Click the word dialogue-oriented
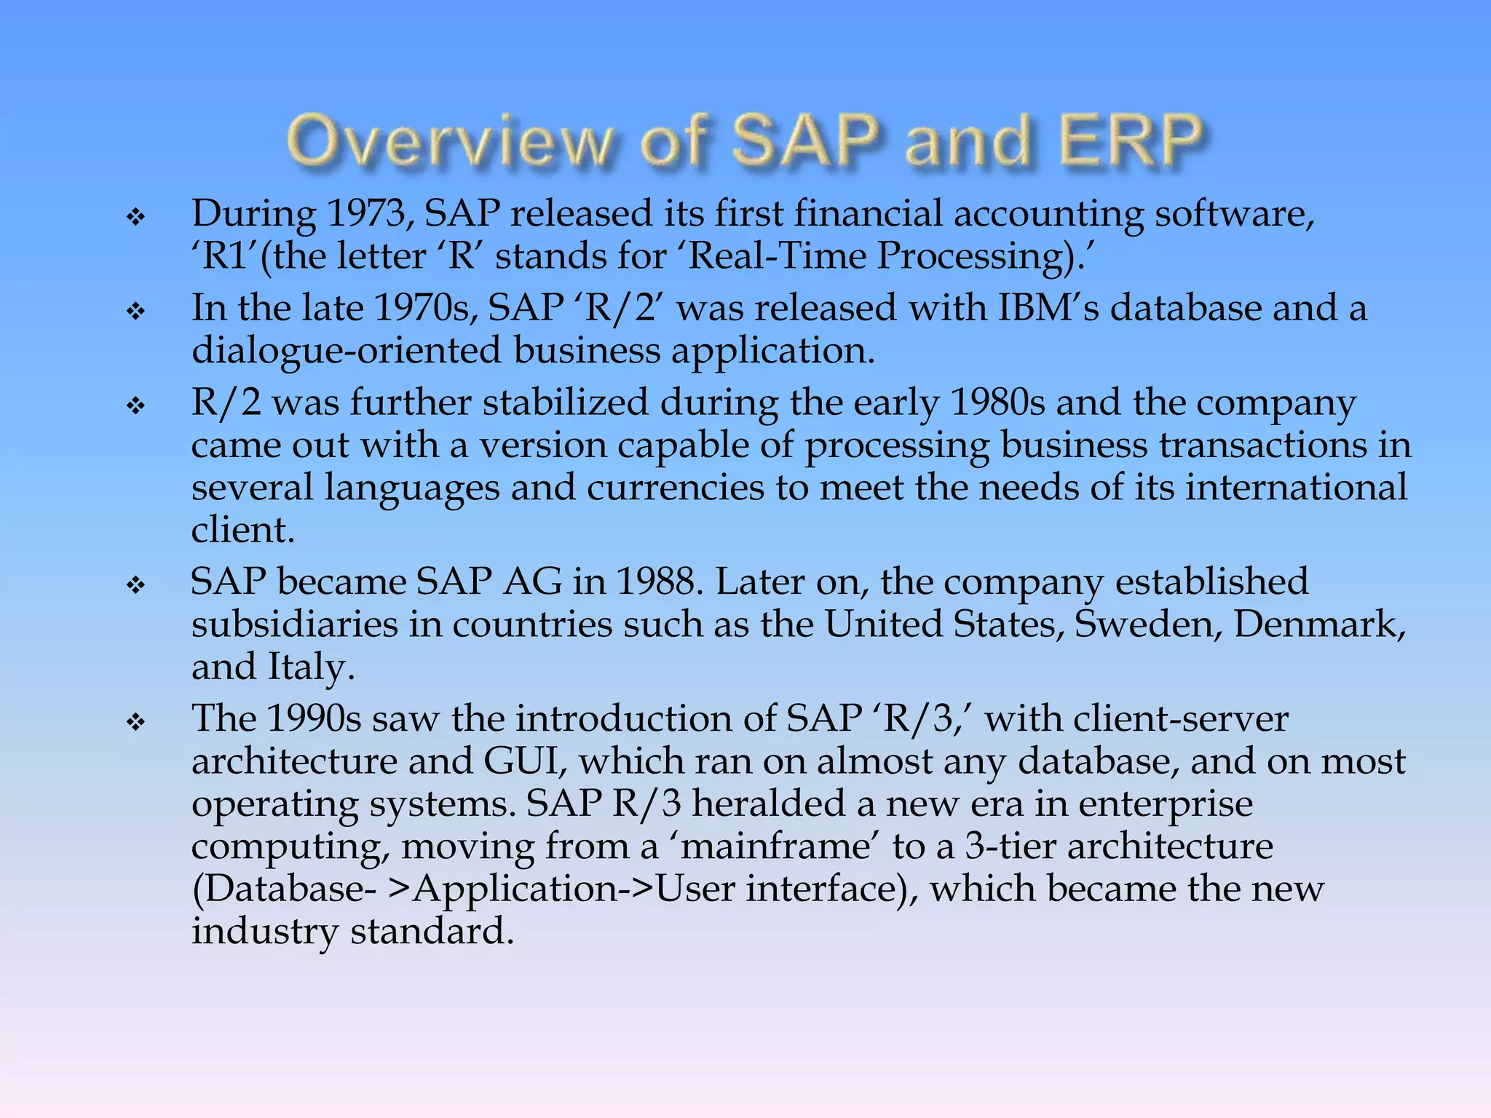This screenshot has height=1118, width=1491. pos(347,351)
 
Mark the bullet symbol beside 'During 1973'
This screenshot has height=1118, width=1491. pos(136,216)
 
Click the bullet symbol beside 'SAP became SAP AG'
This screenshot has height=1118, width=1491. pos(136,584)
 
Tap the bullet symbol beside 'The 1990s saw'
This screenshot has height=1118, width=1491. pos(136,722)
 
